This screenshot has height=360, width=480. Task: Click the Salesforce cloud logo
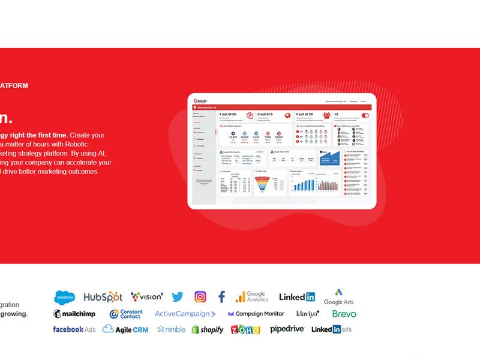[x=65, y=297]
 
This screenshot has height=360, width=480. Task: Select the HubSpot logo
[x=103, y=297]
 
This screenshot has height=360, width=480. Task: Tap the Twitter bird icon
[x=177, y=296]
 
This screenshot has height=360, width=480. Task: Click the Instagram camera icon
[x=200, y=296]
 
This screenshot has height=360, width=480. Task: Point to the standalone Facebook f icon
[x=221, y=296]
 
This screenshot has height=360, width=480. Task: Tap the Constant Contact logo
[x=126, y=314]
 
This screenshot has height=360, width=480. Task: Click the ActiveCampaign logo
[x=185, y=314]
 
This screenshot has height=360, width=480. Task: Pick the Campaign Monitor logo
[x=256, y=314]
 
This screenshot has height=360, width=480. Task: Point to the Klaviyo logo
[x=308, y=314]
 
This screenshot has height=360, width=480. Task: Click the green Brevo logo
[x=344, y=314]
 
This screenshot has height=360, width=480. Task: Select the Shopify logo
[x=208, y=329]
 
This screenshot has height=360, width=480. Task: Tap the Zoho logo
[x=247, y=329]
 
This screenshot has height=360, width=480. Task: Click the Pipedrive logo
[x=287, y=329]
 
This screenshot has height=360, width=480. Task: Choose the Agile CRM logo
[x=125, y=329]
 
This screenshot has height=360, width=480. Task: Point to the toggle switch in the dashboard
[x=365, y=116]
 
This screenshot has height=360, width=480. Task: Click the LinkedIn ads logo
[x=331, y=329]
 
